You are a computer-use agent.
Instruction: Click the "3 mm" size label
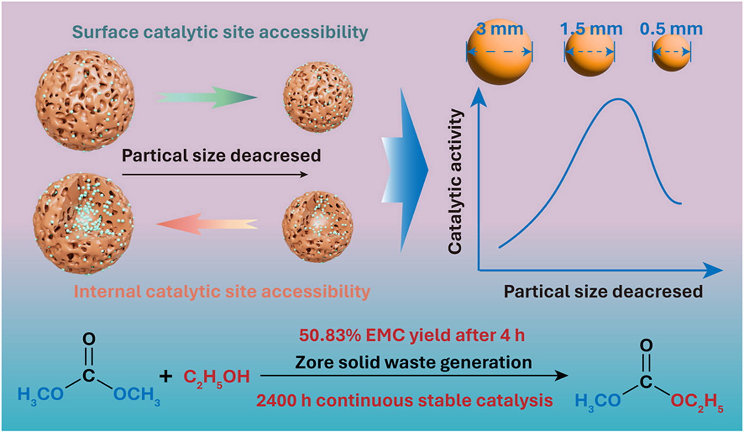click(499, 29)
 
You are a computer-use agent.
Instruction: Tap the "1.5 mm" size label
click(591, 29)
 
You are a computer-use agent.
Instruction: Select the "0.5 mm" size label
click(671, 29)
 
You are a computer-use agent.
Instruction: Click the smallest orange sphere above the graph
click(671, 53)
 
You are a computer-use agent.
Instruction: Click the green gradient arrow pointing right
click(207, 97)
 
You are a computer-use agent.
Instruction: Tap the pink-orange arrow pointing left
click(207, 224)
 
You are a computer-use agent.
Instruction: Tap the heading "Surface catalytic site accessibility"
click(220, 32)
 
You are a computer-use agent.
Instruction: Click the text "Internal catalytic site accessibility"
click(222, 292)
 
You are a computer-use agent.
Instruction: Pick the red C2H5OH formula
click(216, 377)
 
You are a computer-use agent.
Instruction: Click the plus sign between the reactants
click(166, 376)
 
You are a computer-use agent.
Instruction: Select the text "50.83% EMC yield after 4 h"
click(412, 335)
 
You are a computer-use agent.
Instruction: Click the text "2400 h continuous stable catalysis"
click(404, 401)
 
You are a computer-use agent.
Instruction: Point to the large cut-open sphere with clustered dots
click(83, 223)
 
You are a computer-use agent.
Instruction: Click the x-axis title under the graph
click(603, 292)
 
